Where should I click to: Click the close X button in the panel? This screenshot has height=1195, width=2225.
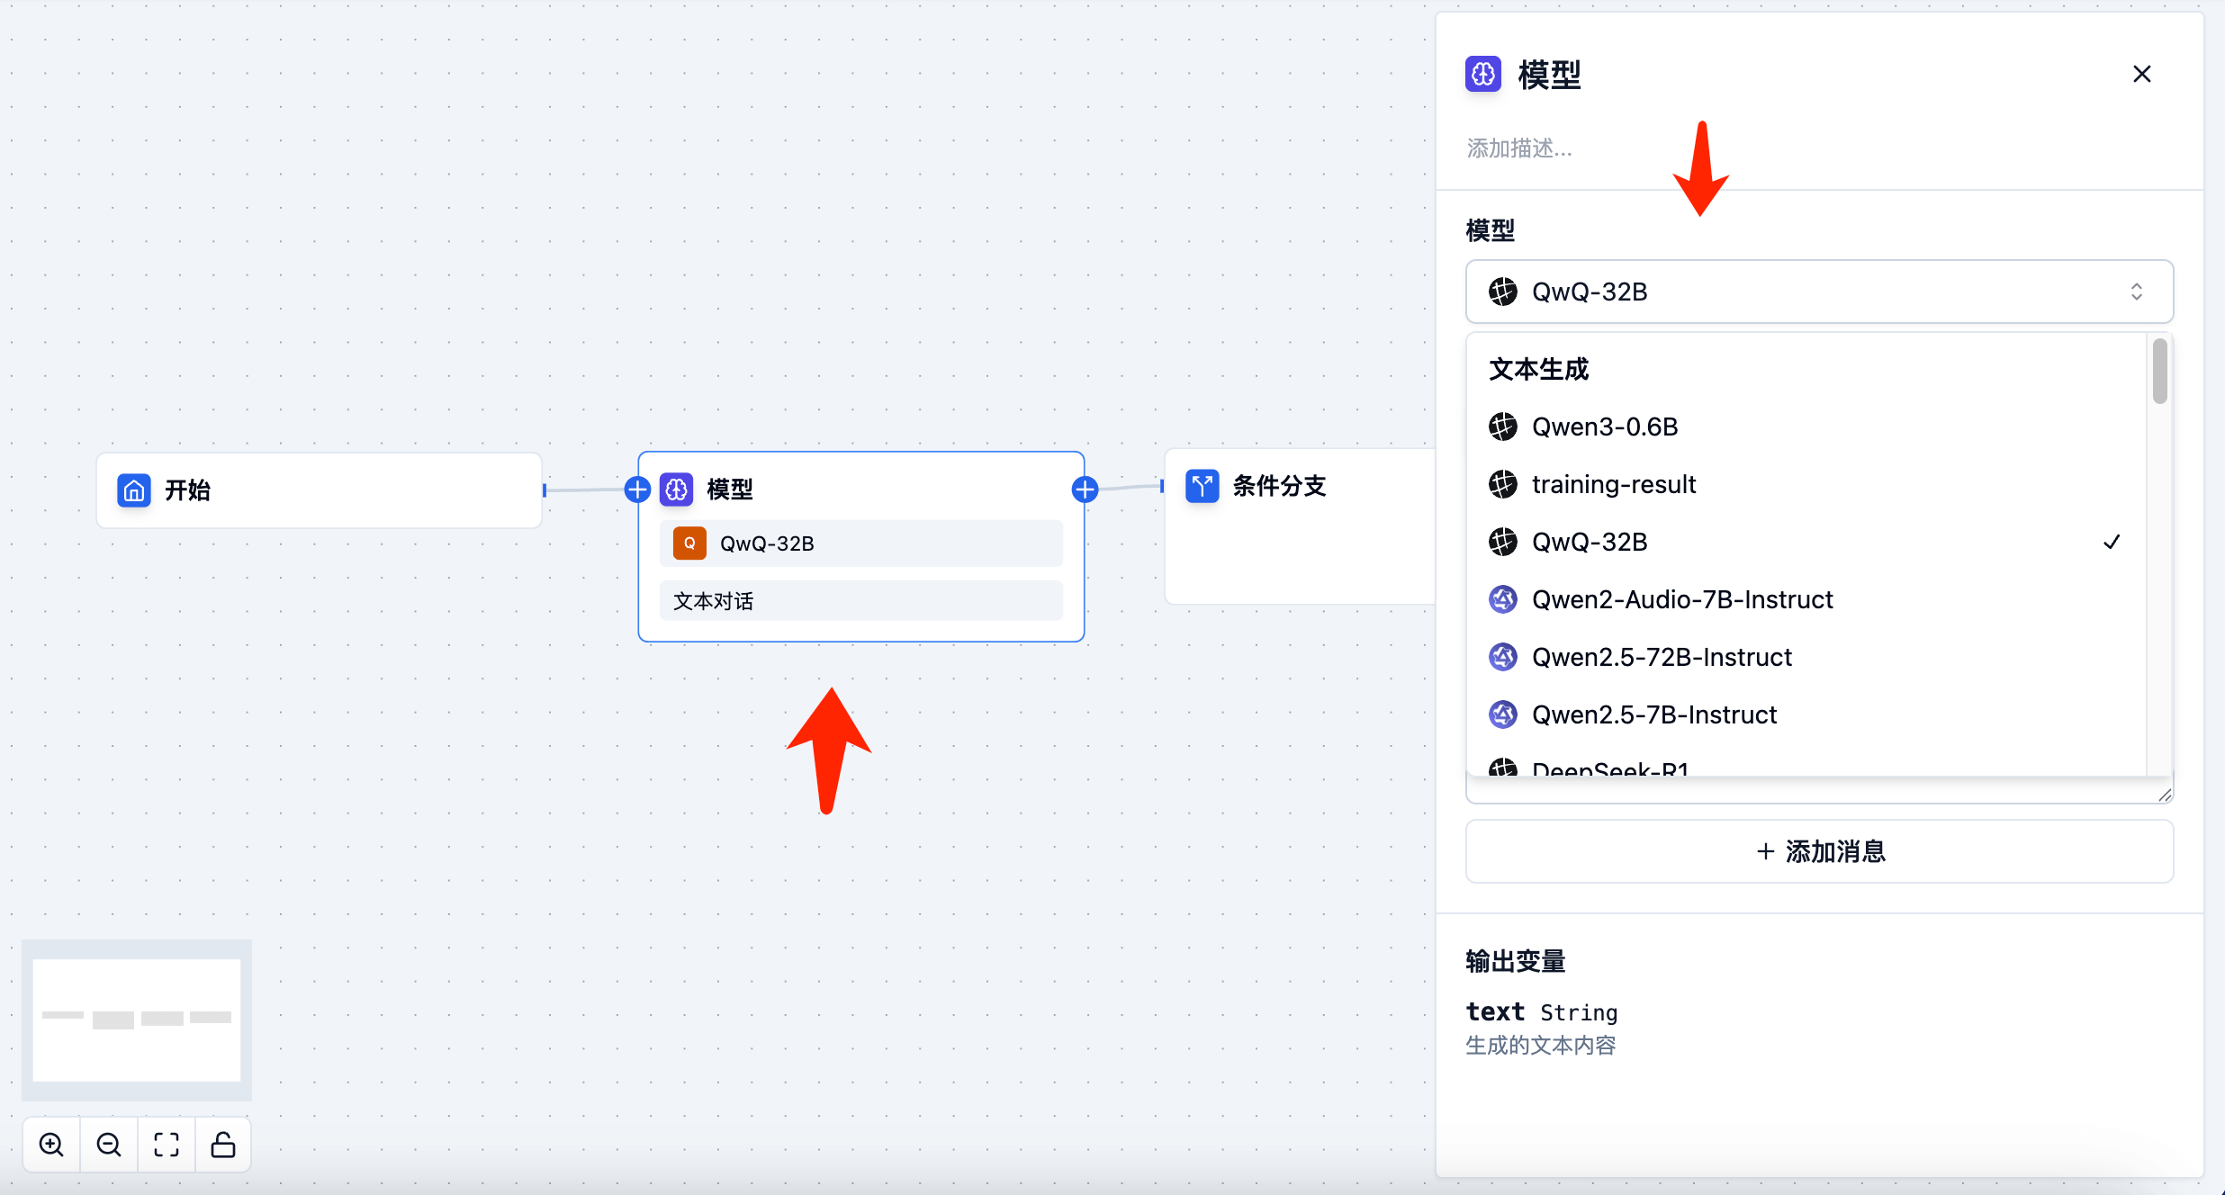[x=2141, y=74]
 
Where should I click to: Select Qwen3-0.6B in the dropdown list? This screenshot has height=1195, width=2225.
[x=1605, y=427]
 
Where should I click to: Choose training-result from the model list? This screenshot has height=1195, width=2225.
[x=1613, y=484]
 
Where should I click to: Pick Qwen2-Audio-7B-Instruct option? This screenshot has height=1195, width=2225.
[x=1681, y=599]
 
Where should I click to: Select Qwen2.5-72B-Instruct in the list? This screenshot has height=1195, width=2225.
[x=1662, y=657]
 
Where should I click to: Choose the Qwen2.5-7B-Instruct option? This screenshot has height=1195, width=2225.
[x=1653, y=714]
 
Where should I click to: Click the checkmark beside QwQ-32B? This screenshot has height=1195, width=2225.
[x=2112, y=542]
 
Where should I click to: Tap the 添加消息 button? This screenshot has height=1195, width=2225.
[x=1819, y=851]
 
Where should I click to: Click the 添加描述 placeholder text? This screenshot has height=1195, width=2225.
[x=1519, y=148]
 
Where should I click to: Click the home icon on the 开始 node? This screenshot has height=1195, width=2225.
[x=134, y=490]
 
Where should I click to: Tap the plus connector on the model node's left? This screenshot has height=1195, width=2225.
[x=637, y=490]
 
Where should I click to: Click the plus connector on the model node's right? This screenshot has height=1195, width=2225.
[x=1085, y=490]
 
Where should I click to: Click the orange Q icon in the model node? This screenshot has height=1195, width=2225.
[x=689, y=544]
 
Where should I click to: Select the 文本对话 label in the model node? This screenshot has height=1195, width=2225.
[x=714, y=601]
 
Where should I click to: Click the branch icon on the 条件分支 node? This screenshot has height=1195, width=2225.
[x=1202, y=486]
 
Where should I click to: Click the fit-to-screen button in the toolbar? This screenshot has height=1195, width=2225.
[x=167, y=1145]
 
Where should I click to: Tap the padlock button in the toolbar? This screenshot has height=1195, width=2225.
[x=223, y=1145]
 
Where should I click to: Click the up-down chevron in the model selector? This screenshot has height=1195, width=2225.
[x=2136, y=292]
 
